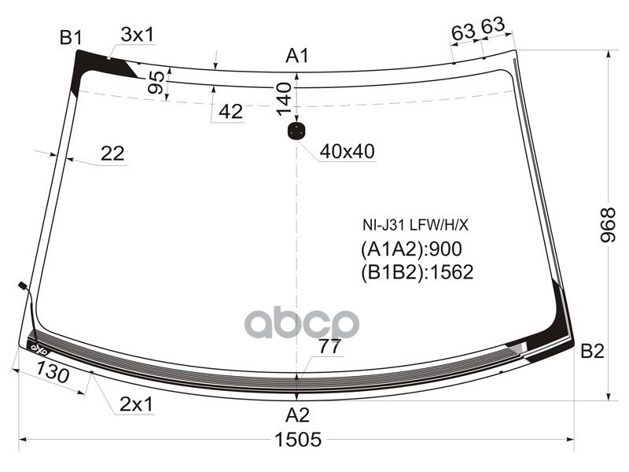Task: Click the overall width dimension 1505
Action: [x=297, y=440]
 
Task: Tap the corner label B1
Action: [x=71, y=37]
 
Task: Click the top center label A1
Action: [x=297, y=55]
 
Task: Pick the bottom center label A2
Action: [x=296, y=415]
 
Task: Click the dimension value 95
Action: [x=156, y=82]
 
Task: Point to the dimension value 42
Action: [x=230, y=112]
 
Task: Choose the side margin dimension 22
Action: [x=112, y=154]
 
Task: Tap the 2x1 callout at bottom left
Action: [x=136, y=404]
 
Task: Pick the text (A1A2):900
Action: [x=410, y=249]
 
